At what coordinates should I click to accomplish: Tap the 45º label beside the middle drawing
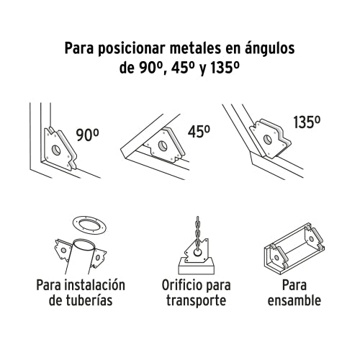pos(198,132)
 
